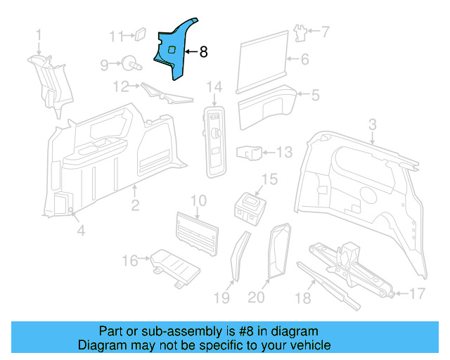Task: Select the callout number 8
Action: [x=204, y=51]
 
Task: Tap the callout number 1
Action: [x=39, y=34]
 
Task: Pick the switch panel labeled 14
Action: [x=215, y=137]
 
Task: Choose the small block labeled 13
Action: [x=250, y=152]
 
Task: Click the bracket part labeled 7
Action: [x=300, y=31]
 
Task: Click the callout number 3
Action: [x=373, y=124]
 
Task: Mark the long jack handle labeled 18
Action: [x=327, y=285]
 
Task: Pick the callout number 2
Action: [x=134, y=205]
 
